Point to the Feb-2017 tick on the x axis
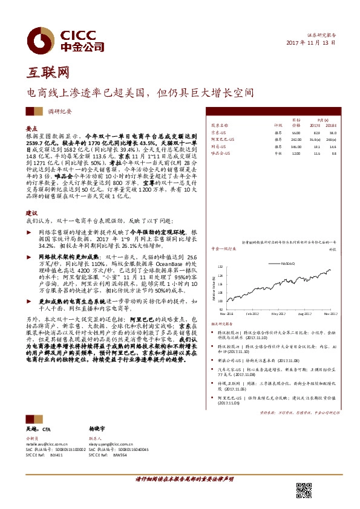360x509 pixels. coord(252,314)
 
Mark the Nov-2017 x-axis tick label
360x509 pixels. coord(330,314)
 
